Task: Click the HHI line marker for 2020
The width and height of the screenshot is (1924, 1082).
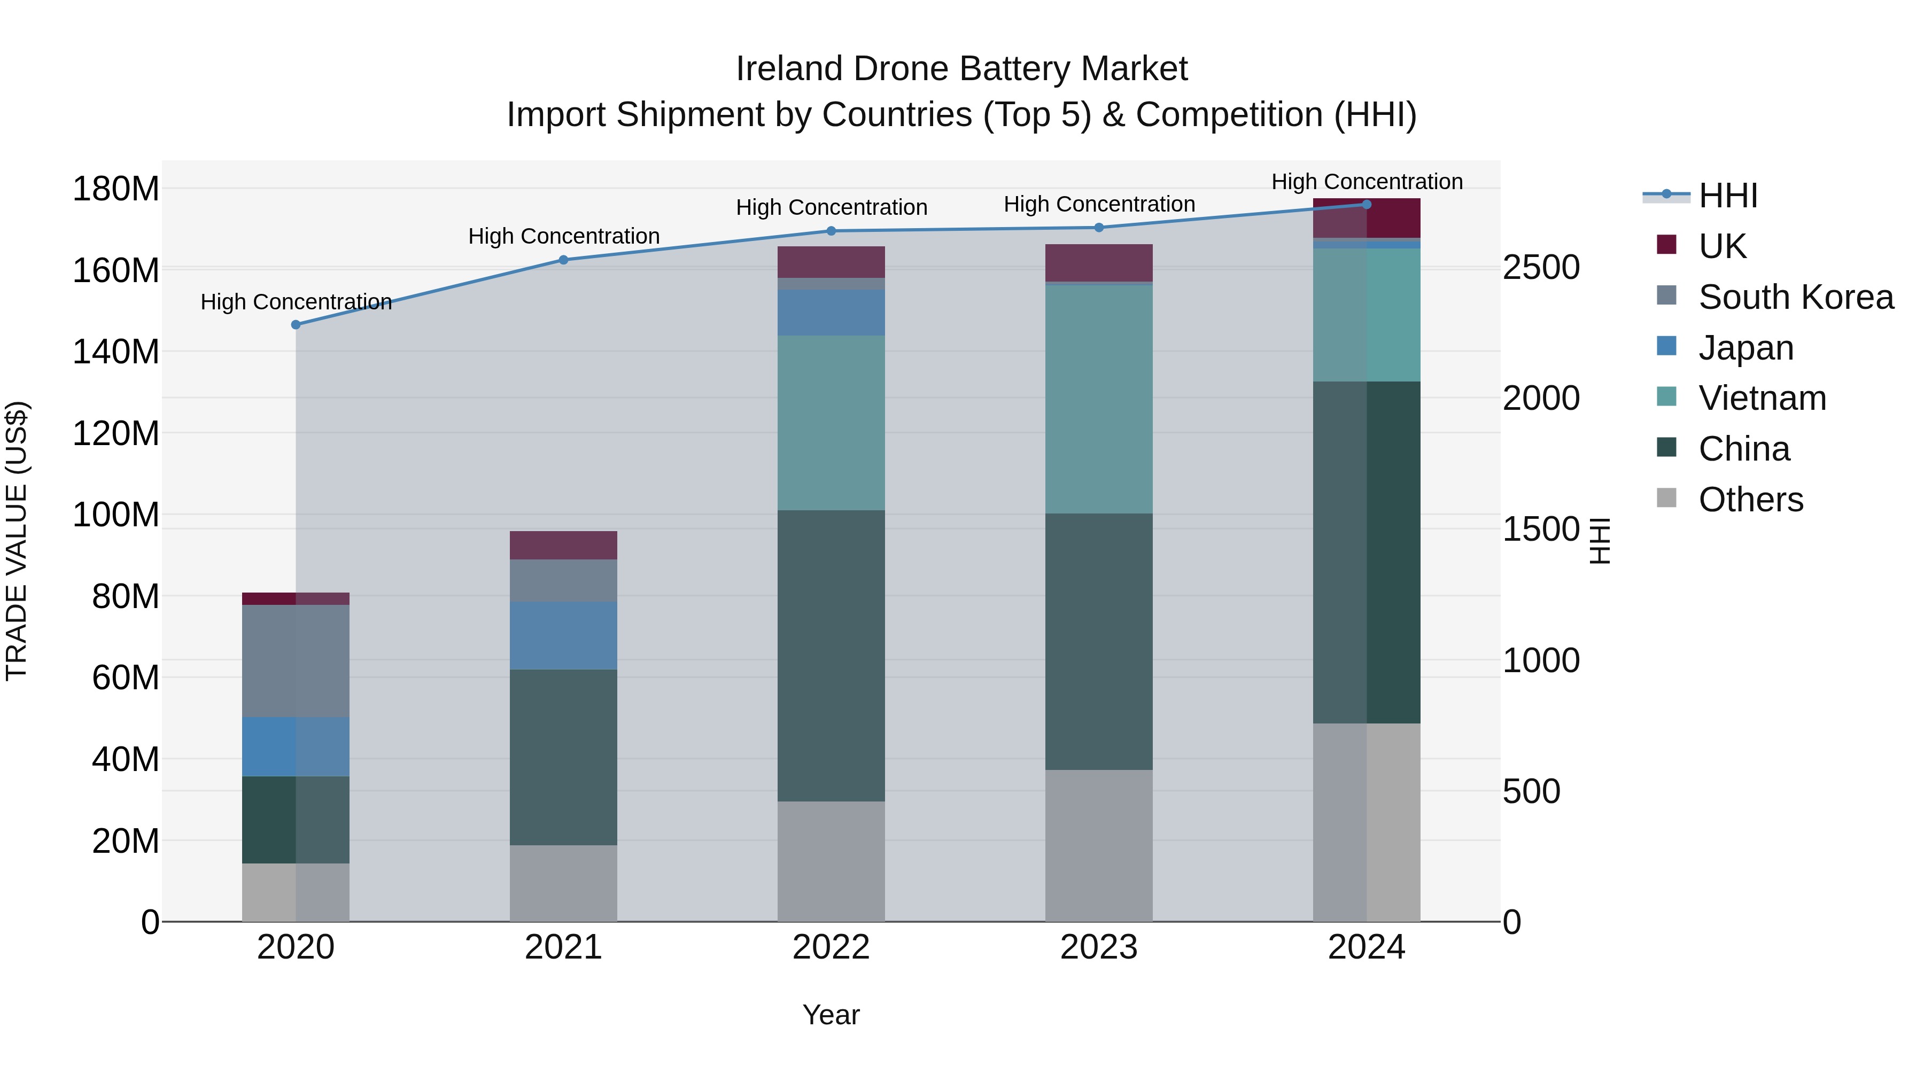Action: (296, 325)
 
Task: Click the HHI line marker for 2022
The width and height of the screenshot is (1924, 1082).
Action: (831, 231)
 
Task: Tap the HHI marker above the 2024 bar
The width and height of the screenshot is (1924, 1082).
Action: (1367, 204)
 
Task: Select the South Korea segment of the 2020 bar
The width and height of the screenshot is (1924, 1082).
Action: (296, 661)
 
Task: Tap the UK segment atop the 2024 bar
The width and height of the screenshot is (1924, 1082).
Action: (1367, 218)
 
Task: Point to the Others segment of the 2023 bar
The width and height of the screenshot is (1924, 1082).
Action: (1099, 845)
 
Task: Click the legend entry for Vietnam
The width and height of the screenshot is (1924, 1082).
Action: (1761, 398)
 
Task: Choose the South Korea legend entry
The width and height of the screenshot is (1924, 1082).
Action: (1795, 297)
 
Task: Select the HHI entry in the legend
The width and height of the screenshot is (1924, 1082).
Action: (1727, 196)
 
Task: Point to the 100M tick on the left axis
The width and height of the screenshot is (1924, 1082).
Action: (116, 515)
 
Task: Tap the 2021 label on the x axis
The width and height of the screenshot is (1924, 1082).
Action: (563, 947)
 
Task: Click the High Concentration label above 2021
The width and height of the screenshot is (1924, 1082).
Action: (564, 236)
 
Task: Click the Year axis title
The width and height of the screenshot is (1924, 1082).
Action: (831, 1015)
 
